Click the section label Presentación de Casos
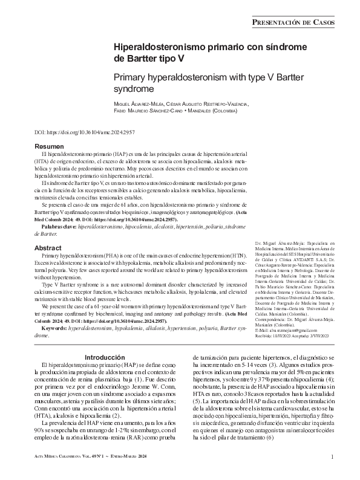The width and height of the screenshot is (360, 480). coord(301,22)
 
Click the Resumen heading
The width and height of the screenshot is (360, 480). coord(49,148)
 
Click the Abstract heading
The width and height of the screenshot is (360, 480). coord(48,248)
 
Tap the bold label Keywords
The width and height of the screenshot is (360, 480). coord(53,328)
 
